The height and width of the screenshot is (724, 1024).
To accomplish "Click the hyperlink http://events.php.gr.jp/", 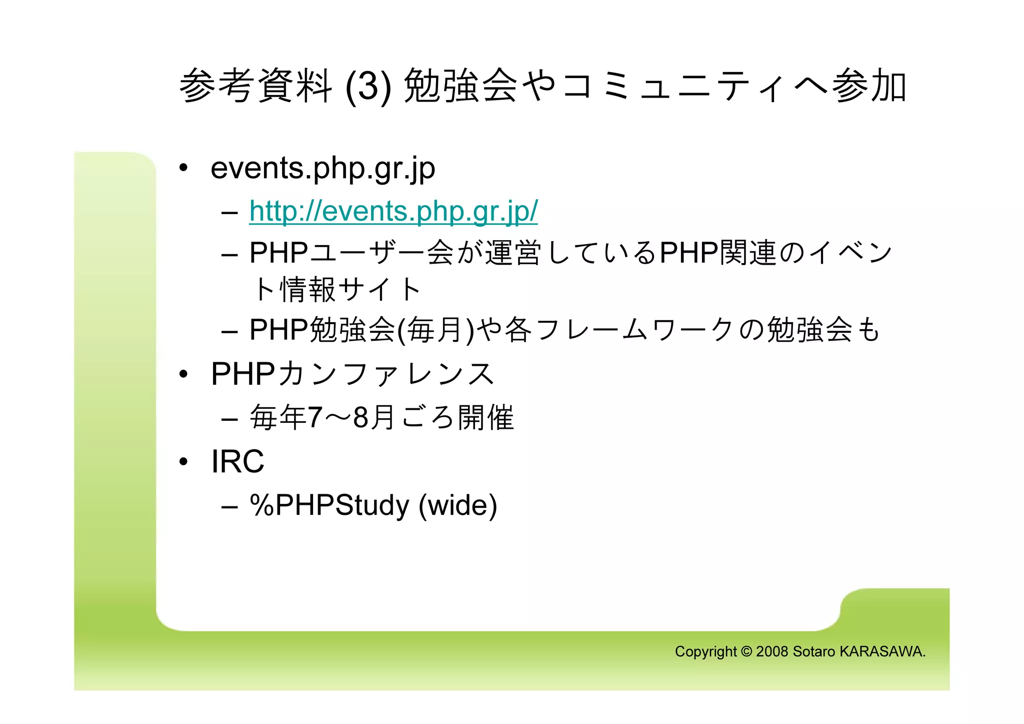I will pyautogui.click(x=393, y=211).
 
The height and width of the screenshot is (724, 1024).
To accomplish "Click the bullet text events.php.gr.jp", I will pyautogui.click(x=322, y=168).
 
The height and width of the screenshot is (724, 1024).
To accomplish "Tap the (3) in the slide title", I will pyautogui.click(x=368, y=86).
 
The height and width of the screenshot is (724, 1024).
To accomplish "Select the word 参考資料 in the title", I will pyautogui.click(x=255, y=86).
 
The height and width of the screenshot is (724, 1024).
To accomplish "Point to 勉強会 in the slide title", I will pyautogui.click(x=460, y=86).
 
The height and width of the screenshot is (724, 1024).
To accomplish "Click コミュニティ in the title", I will pyautogui.click(x=675, y=86).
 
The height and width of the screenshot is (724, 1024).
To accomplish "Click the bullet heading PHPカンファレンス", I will pyautogui.click(x=352, y=374).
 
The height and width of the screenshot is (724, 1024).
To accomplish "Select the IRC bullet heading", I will pyautogui.click(x=237, y=461).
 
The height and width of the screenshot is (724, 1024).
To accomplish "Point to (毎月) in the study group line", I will pyautogui.click(x=435, y=330).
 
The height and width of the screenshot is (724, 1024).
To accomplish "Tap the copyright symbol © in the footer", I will pyautogui.click(x=746, y=651).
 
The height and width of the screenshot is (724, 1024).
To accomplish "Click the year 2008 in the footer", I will pyautogui.click(x=772, y=651).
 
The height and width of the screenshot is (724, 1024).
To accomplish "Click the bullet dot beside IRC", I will pyautogui.click(x=183, y=461).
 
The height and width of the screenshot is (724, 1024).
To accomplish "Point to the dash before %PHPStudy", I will pyautogui.click(x=229, y=506).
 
